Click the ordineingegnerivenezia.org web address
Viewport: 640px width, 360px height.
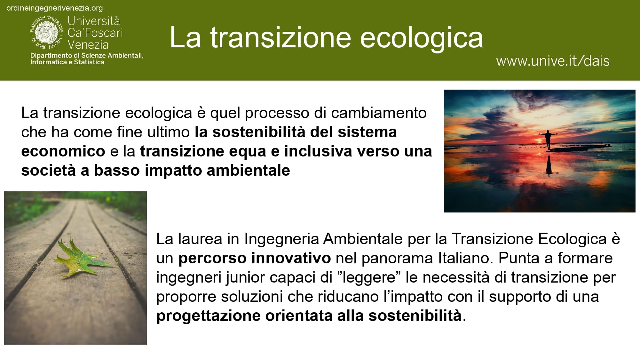tap(55, 8)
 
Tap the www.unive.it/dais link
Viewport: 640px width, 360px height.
tap(553, 61)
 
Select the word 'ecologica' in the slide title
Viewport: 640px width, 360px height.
tap(422, 38)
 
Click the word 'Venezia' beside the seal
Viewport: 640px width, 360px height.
tap(88, 44)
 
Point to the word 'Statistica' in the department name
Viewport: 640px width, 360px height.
tap(89, 62)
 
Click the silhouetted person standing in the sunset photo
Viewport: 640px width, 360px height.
tap(548, 139)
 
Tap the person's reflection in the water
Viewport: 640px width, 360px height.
tap(549, 165)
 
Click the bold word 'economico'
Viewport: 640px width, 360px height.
tap(63, 151)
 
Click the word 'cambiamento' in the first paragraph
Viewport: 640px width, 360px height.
tap(379, 113)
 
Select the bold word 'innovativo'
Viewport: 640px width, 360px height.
tap(291, 258)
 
